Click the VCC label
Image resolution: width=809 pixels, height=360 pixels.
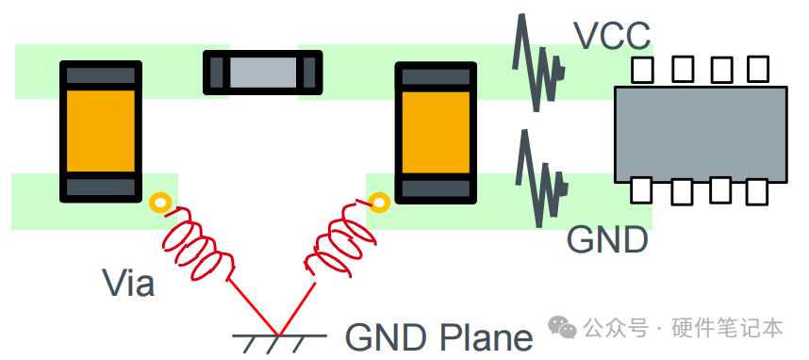pyautogui.click(x=612, y=36)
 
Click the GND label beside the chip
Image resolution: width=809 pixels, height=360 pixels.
pyautogui.click(x=607, y=239)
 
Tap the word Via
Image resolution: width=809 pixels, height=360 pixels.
pyautogui.click(x=128, y=283)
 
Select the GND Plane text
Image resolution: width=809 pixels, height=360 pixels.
pyautogui.click(x=438, y=337)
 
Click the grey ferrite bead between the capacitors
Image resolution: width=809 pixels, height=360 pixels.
pyautogui.click(x=263, y=73)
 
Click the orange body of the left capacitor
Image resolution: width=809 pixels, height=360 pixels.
pyautogui.click(x=101, y=132)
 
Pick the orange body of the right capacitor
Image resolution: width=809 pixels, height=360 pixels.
pyautogui.click(x=436, y=133)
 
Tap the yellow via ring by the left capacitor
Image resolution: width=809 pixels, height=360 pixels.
pyautogui.click(x=160, y=204)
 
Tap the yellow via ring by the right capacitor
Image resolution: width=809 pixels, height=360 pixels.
pyautogui.click(x=380, y=203)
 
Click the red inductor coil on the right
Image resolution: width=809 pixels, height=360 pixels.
pyautogui.click(x=340, y=242)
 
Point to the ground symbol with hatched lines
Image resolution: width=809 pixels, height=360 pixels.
pyautogui.click(x=279, y=343)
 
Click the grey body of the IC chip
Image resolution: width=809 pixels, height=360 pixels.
pyautogui.click(x=701, y=135)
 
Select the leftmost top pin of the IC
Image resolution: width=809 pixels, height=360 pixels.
pyautogui.click(x=642, y=70)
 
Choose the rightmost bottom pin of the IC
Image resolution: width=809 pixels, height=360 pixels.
pyautogui.click(x=756, y=191)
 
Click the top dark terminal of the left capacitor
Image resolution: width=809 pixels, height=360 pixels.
pyautogui.click(x=101, y=75)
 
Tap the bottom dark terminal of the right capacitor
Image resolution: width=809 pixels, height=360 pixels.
pyautogui.click(x=436, y=188)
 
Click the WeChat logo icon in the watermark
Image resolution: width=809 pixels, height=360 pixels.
pyautogui.click(x=562, y=327)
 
